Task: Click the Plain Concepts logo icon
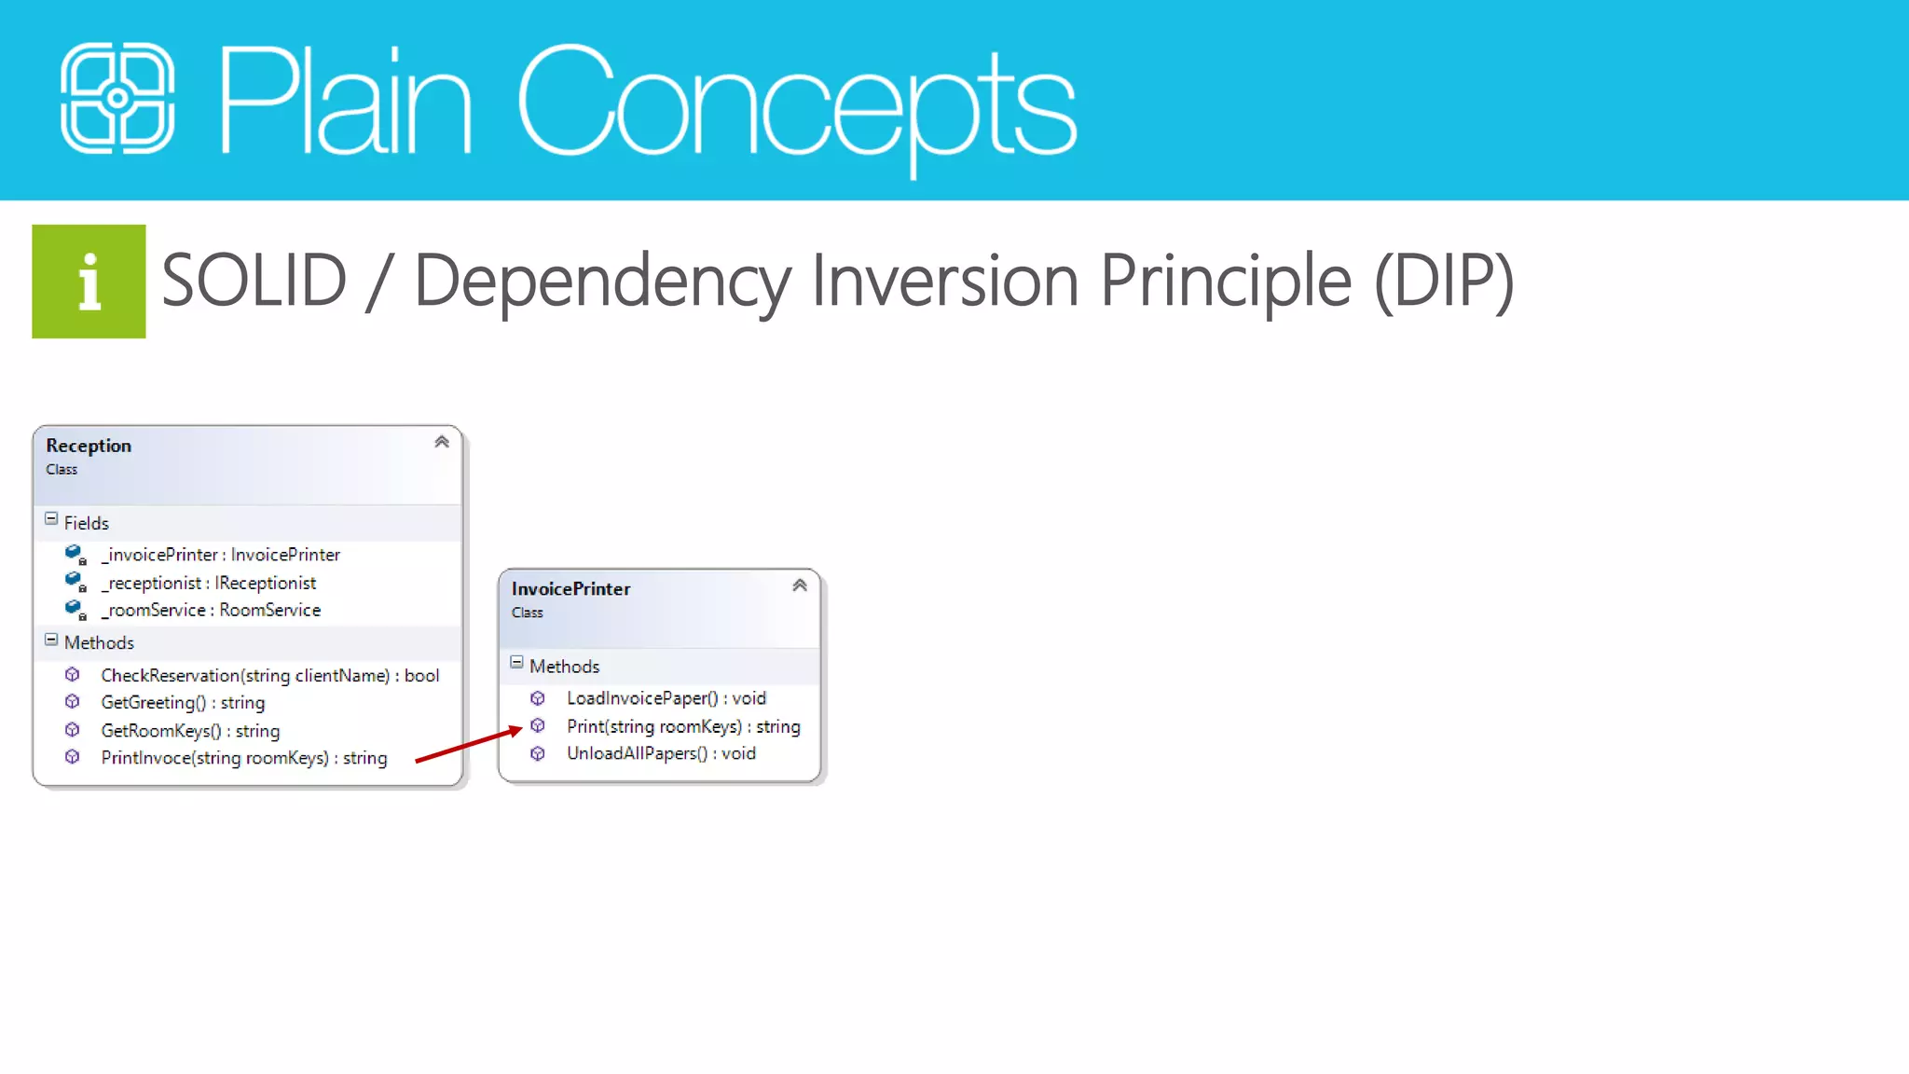coord(117,98)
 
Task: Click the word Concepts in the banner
coord(797,103)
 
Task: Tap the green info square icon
coord(89,281)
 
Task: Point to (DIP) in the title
coord(1444,282)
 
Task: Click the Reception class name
coord(89,446)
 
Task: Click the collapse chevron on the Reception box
coord(442,442)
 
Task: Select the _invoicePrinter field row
coord(220,555)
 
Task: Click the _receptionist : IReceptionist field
coord(209,583)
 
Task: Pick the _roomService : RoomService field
coord(211,610)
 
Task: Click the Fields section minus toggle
coord(51,519)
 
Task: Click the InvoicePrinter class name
coord(570,589)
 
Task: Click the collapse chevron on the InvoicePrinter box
coord(800,585)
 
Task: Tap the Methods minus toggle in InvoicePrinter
coord(516,663)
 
